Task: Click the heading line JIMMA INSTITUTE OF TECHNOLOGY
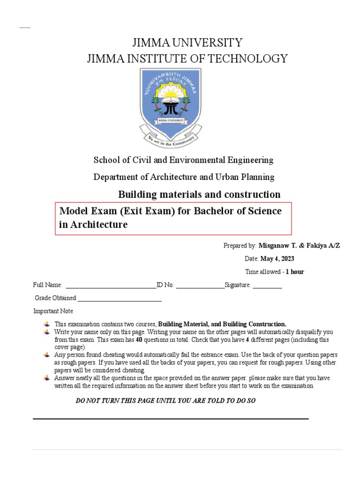click(187, 59)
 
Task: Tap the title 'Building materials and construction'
click(199, 194)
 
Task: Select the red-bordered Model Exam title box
click(173, 218)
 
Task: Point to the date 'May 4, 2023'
click(277, 259)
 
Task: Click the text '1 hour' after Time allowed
click(295, 272)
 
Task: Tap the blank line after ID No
click(200, 285)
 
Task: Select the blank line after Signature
click(267, 285)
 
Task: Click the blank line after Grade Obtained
click(120, 299)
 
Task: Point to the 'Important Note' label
click(53, 311)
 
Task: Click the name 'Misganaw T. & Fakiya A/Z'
click(299, 246)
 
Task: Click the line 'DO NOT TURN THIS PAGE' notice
click(165, 401)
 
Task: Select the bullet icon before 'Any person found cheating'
click(46, 355)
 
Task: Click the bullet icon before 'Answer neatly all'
click(46, 378)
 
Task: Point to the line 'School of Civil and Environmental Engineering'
click(183, 160)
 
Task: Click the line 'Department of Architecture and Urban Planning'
click(184, 177)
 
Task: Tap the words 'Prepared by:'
click(240, 246)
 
